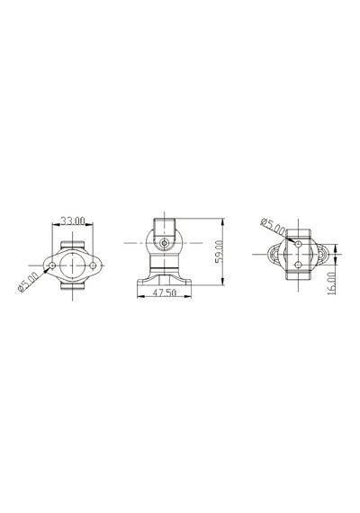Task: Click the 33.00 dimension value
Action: click(x=73, y=220)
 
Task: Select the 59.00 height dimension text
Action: click(x=219, y=252)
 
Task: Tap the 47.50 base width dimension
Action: click(x=165, y=292)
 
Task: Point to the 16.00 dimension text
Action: click(x=331, y=283)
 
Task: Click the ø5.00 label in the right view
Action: click(x=273, y=226)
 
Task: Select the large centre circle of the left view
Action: click(x=72, y=265)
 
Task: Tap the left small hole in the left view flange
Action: click(x=52, y=265)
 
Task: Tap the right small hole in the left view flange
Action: click(x=93, y=265)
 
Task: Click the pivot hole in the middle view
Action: click(x=165, y=243)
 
